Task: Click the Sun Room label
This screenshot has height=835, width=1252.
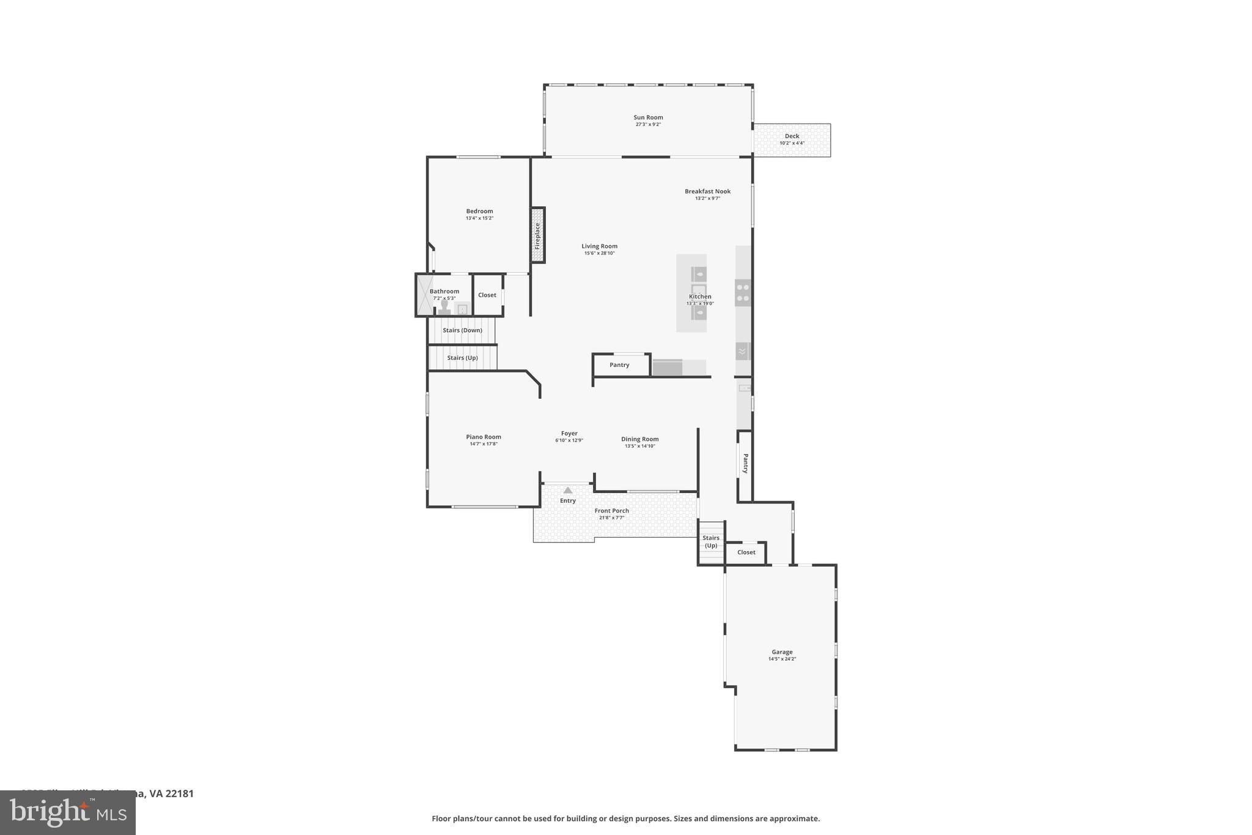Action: [648, 117]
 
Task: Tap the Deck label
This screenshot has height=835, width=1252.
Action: [792, 136]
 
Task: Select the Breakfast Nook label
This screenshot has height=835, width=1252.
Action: [707, 191]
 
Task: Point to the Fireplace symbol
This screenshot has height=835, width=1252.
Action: [537, 235]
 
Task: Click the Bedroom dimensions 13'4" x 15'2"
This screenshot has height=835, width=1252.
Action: [479, 218]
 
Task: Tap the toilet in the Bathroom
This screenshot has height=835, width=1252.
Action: [444, 306]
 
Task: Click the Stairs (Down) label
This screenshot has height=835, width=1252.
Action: [462, 330]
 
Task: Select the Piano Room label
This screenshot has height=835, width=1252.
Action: [484, 437]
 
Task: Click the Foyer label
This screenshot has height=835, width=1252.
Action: [569, 434]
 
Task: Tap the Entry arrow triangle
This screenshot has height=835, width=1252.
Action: [568, 490]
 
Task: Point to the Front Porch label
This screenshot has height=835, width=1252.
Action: [611, 511]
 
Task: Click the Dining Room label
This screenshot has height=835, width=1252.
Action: [639, 439]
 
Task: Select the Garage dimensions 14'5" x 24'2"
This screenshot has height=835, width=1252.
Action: [782, 659]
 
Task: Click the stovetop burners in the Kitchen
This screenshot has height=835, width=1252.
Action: [743, 292]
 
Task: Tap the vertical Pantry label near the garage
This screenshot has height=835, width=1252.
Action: [745, 463]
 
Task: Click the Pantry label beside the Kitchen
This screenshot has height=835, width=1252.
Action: [619, 365]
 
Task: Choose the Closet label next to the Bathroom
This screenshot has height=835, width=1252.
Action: [487, 295]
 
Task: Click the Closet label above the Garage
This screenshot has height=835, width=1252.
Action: [746, 552]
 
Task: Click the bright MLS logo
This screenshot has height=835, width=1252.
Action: [68, 812]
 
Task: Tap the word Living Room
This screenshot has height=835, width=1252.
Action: [599, 247]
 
